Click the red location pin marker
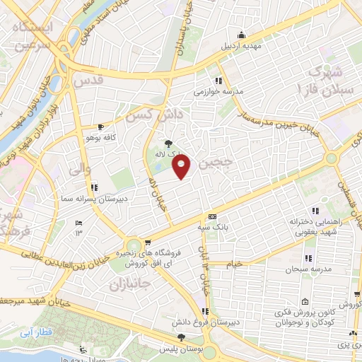pyautogui.click(x=182, y=167)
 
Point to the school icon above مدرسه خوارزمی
pyautogui.click(x=219, y=81)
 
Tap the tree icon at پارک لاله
pyautogui.click(x=168, y=143)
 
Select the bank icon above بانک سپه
pyautogui.click(x=211, y=217)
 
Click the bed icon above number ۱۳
pyautogui.click(x=78, y=223)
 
